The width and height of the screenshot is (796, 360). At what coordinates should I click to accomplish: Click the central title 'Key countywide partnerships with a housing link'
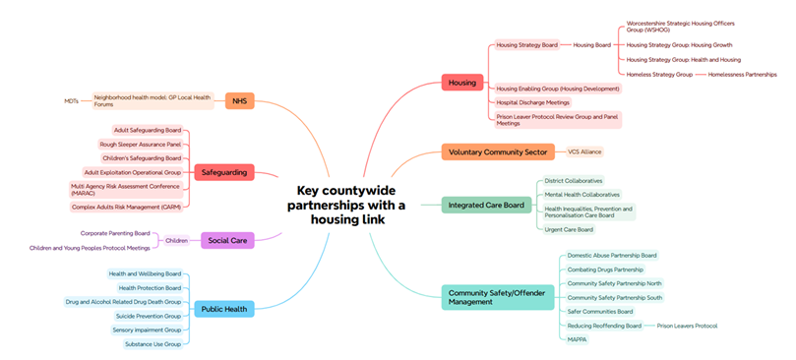pyautogui.click(x=345, y=205)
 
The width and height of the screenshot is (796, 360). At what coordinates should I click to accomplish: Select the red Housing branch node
pyautogui.click(x=461, y=83)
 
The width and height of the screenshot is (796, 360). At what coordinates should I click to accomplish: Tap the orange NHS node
pyautogui.click(x=239, y=100)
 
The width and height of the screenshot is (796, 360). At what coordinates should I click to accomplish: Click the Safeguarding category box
pyautogui.click(x=223, y=172)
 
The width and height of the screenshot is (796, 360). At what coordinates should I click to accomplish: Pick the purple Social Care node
pyautogui.click(x=228, y=240)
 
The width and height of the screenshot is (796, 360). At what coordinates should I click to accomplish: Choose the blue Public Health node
pyautogui.click(x=224, y=308)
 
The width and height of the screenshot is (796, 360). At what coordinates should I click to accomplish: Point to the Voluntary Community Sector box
pyautogui.click(x=497, y=151)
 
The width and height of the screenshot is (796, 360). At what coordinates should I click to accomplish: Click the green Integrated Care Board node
pyautogui.click(x=485, y=205)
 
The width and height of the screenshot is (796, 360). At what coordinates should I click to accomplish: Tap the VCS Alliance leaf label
pyautogui.click(x=584, y=151)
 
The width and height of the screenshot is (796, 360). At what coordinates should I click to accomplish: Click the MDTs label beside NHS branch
pyautogui.click(x=71, y=100)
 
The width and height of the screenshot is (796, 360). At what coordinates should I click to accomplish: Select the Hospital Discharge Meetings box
pyautogui.click(x=531, y=102)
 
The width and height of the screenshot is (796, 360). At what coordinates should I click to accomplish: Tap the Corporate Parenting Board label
pyautogui.click(x=115, y=233)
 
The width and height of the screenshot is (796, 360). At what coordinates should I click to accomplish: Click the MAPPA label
pyautogui.click(x=577, y=339)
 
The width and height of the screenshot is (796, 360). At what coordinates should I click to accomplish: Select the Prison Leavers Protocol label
pyautogui.click(x=687, y=326)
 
